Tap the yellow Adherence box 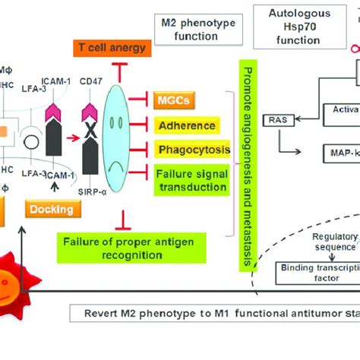click(185, 125)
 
